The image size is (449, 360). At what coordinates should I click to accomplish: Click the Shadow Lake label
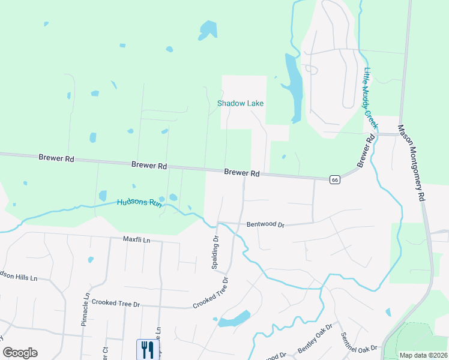click(x=240, y=103)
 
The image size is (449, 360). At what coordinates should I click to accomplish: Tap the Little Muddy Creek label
click(x=370, y=98)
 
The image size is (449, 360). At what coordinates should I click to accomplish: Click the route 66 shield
click(x=335, y=179)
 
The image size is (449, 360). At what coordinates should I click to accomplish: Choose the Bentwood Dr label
click(x=265, y=224)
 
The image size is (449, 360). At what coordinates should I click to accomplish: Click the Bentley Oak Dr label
click(x=315, y=338)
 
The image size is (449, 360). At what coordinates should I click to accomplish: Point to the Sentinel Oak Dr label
click(x=359, y=343)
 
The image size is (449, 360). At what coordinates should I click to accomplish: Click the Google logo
click(x=20, y=353)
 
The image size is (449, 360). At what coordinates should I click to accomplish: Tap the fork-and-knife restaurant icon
click(x=146, y=349)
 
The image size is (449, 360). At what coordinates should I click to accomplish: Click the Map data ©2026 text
click(x=424, y=355)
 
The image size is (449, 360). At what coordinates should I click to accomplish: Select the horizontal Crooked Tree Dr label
click(x=115, y=304)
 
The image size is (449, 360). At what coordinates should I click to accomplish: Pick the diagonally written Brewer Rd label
click(x=366, y=151)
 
